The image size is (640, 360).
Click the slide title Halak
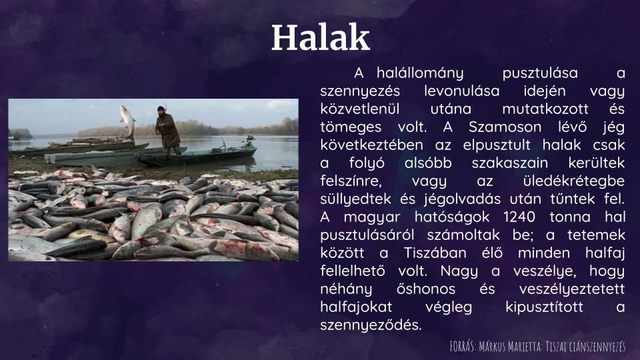(321, 37)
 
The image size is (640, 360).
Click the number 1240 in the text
(519, 217)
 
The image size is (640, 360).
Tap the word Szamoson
(505, 127)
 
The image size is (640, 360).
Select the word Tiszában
(435, 253)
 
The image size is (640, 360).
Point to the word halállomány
(420, 73)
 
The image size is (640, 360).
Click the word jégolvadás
(462, 199)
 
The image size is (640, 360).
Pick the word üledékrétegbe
(573, 181)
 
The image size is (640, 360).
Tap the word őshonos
(426, 289)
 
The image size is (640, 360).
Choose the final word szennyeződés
(371, 325)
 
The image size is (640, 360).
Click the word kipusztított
(545, 307)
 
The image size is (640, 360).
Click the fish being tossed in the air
(127, 121)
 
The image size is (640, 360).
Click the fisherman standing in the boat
(167, 130)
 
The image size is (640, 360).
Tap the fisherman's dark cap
(161, 109)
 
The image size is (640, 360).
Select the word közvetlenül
(359, 109)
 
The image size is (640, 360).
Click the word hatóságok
(452, 217)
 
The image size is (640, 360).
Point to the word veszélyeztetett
(572, 289)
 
